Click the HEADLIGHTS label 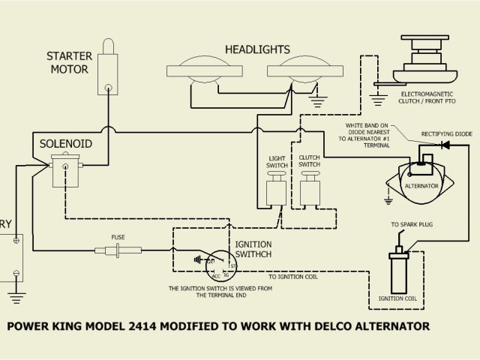point(257,49)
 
